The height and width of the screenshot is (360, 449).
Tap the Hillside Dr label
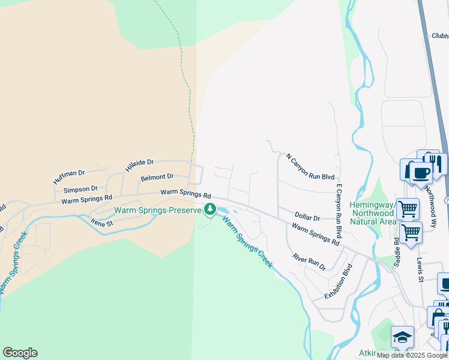(x=139, y=166)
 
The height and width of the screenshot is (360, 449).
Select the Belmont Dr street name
(x=157, y=177)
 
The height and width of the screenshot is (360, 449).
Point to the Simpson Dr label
(x=80, y=189)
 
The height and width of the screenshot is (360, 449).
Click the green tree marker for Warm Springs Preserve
(x=210, y=209)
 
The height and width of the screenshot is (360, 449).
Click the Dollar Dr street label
(x=307, y=215)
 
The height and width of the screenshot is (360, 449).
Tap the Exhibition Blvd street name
(x=337, y=281)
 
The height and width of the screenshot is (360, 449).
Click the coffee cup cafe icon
(x=420, y=172)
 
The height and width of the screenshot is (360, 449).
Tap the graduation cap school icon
(x=402, y=337)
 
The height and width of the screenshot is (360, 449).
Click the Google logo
(x=20, y=353)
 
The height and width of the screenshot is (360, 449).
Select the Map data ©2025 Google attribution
(x=411, y=355)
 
